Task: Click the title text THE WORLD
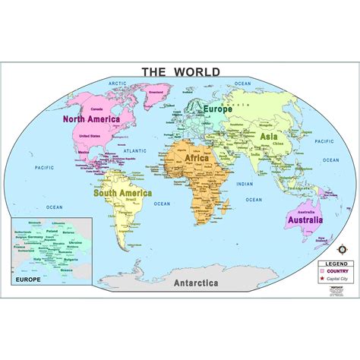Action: [x=180, y=72]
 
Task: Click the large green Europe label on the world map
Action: [x=217, y=109]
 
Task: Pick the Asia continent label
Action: [x=269, y=136]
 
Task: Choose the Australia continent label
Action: [x=305, y=220]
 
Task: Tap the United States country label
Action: [x=90, y=136]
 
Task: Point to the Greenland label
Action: [x=155, y=93]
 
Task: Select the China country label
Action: [x=278, y=142]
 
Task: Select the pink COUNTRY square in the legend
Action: [x=322, y=270]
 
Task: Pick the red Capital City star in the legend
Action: [x=322, y=278]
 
